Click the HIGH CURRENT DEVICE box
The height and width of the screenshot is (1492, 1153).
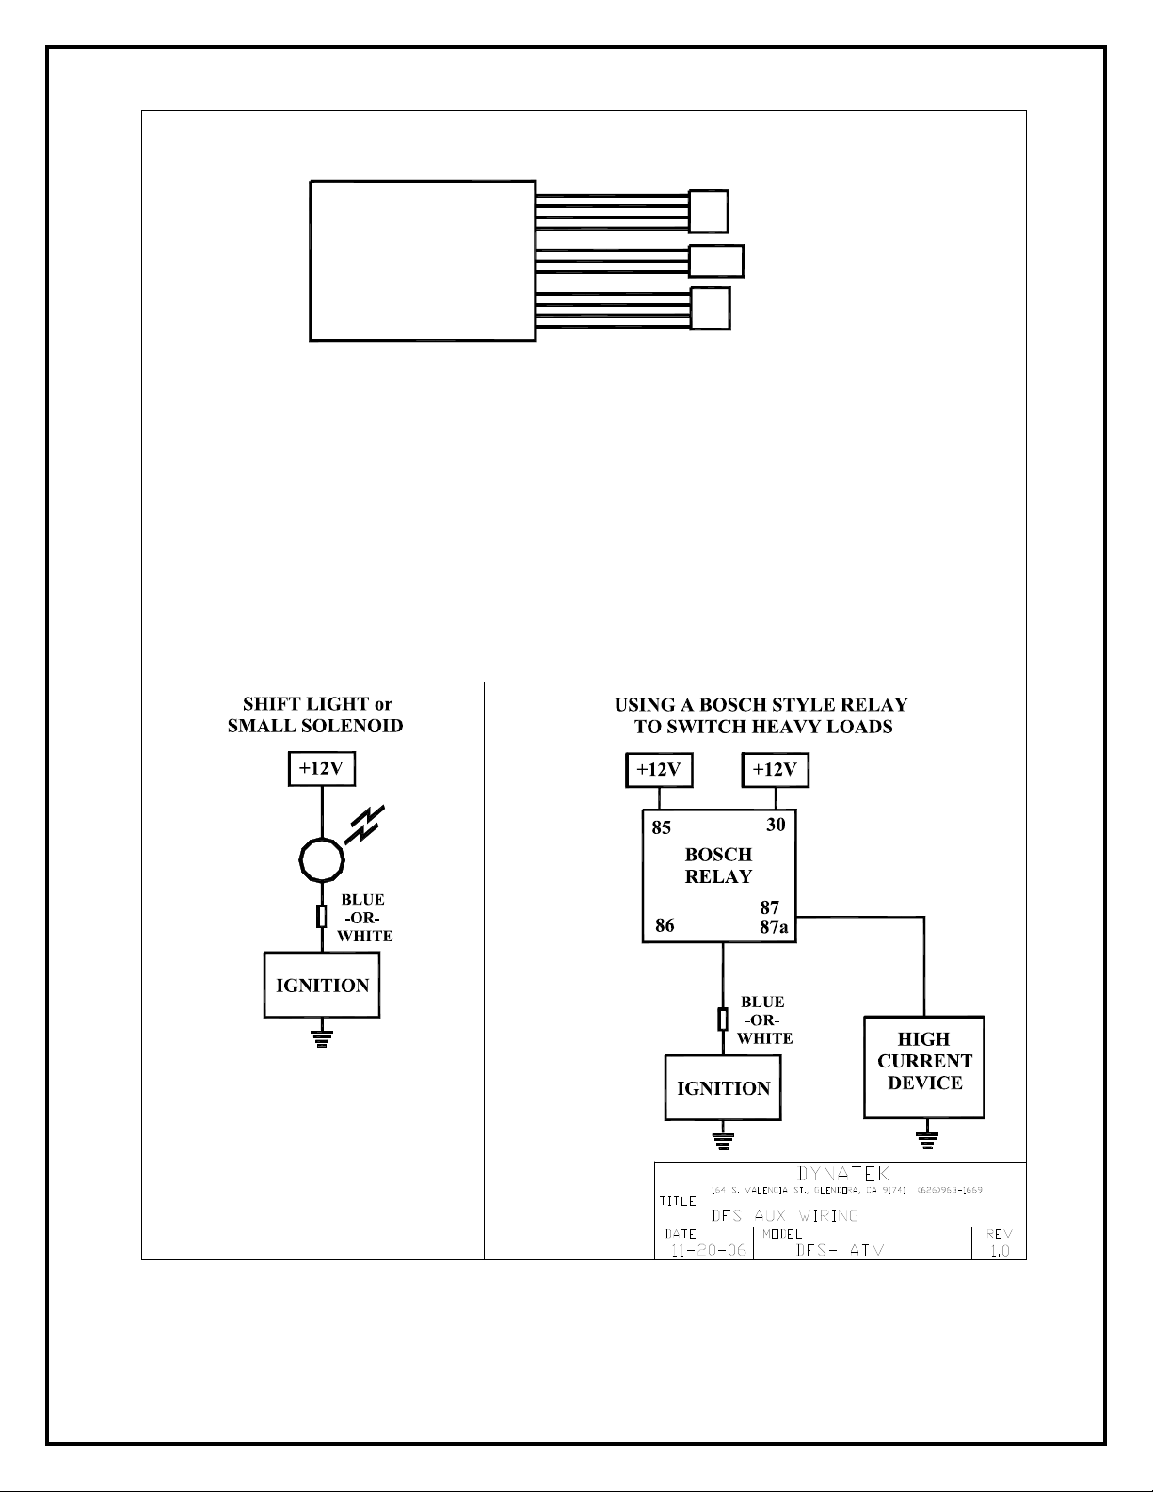click(924, 1067)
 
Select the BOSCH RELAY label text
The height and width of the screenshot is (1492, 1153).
click(718, 866)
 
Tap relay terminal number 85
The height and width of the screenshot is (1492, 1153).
click(662, 828)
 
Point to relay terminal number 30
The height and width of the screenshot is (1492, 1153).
click(776, 825)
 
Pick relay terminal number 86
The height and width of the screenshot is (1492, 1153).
click(665, 925)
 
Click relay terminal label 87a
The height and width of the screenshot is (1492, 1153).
click(774, 927)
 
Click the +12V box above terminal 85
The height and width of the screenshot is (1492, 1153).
click(659, 770)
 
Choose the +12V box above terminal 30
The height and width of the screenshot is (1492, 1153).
click(775, 770)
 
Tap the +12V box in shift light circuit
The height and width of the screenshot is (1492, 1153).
click(322, 768)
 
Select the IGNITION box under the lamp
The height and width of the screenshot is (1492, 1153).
click(322, 985)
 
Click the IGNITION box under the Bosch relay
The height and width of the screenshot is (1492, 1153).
click(723, 1088)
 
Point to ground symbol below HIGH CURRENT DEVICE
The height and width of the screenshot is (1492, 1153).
click(927, 1140)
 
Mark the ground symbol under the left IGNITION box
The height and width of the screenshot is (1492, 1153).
click(322, 1038)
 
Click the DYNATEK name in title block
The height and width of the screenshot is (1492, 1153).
click(843, 1174)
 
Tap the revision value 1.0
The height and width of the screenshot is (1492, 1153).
click(1000, 1251)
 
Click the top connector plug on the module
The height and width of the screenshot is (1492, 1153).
click(709, 211)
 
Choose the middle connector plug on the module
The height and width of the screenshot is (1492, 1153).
click(716, 261)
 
